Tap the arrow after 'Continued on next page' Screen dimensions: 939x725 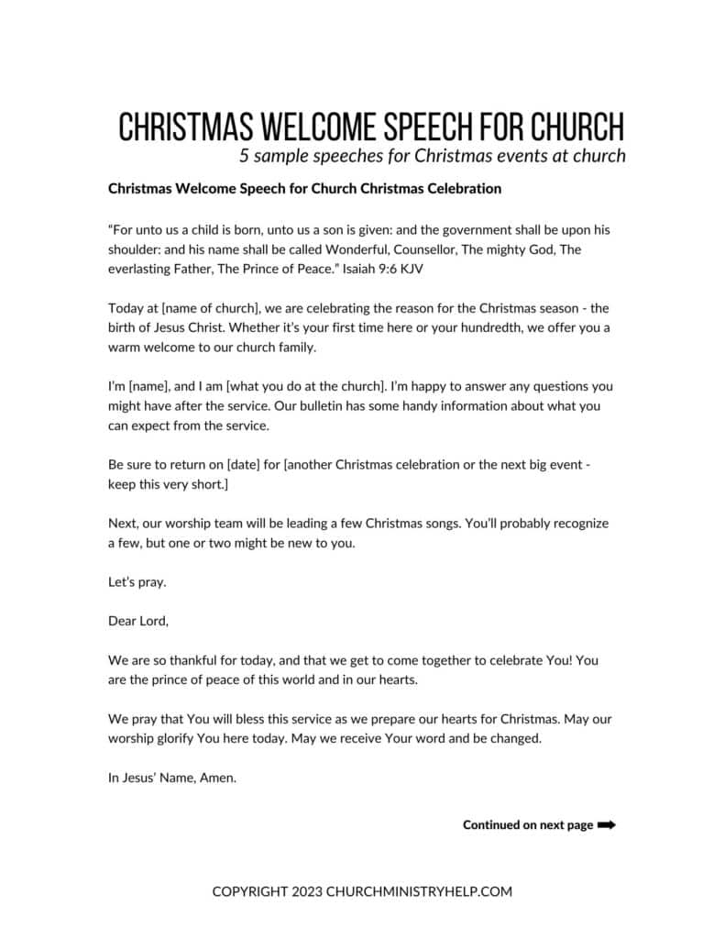point(606,824)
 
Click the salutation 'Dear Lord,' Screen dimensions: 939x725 point(138,621)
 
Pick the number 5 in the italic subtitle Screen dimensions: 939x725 point(244,155)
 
